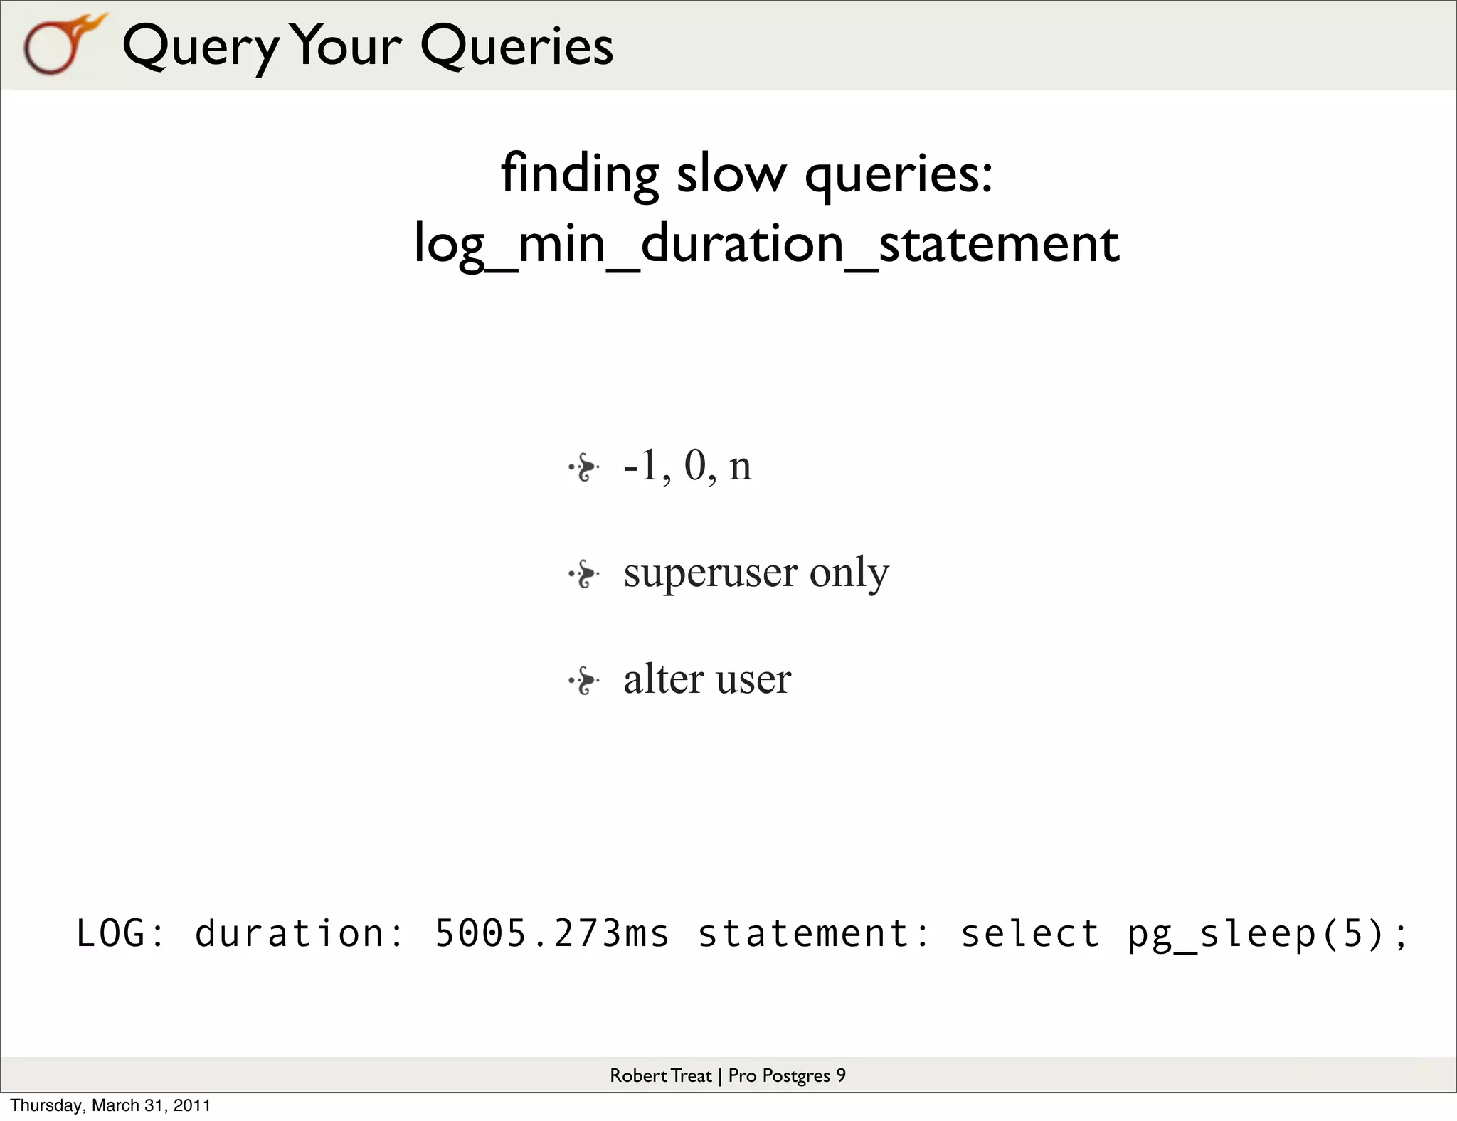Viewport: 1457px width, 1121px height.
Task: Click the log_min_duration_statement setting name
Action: click(767, 244)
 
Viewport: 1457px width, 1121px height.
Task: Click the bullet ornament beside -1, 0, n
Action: click(584, 467)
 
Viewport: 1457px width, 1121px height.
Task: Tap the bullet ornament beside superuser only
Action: click(584, 574)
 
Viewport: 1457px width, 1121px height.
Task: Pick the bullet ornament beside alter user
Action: click(584, 681)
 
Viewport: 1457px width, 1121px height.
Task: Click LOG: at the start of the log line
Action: click(120, 933)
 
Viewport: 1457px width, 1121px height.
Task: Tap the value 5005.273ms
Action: click(552, 933)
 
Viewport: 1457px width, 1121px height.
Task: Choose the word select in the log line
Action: click(1030, 933)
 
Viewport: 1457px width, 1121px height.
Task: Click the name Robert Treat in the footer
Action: click(660, 1075)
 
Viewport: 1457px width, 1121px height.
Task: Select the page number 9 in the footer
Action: click(841, 1075)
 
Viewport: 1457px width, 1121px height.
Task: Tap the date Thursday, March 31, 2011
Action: click(110, 1105)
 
